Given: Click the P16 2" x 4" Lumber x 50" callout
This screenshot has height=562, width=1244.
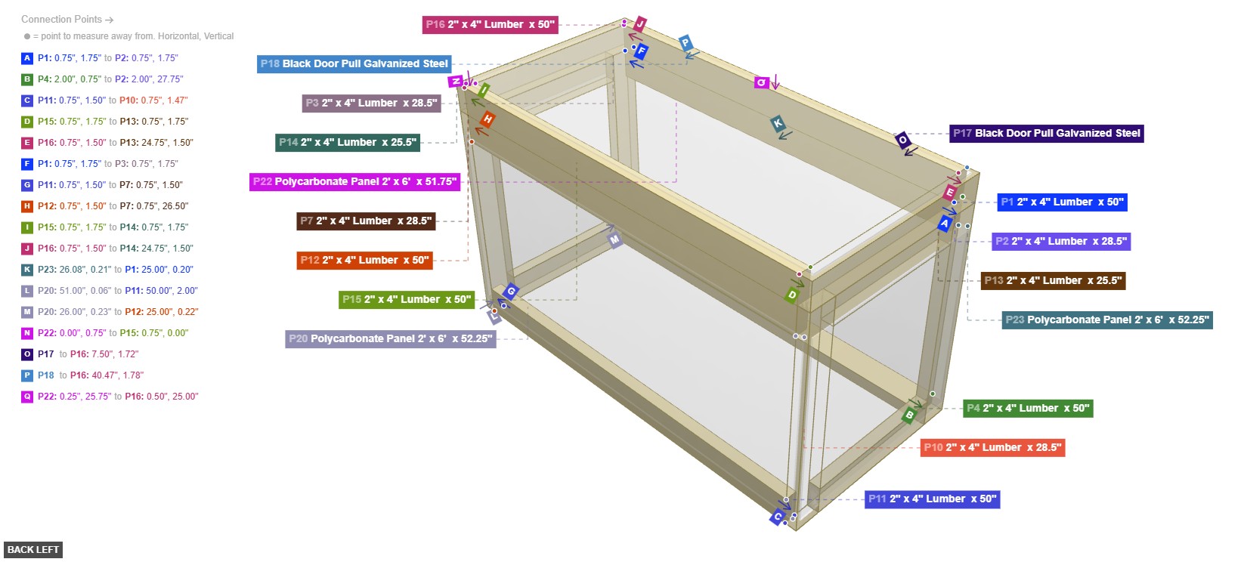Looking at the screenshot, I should [x=490, y=25].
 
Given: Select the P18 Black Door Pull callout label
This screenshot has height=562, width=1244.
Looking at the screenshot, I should [x=354, y=64].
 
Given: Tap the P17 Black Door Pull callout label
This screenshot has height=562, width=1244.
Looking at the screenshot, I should [x=1046, y=134].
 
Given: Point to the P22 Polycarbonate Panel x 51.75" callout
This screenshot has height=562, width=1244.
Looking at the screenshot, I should [x=354, y=182].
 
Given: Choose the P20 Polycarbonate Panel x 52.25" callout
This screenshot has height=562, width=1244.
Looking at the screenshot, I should [x=391, y=339].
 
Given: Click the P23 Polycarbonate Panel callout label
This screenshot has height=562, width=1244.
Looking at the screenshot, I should [x=1107, y=320].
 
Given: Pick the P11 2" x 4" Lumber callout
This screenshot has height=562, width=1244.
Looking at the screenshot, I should [x=932, y=499].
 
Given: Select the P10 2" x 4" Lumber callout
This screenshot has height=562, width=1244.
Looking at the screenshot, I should [x=992, y=448].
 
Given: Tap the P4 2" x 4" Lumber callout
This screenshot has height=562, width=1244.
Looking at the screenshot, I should [x=1028, y=409].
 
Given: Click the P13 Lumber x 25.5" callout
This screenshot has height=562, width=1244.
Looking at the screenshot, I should [x=1053, y=281].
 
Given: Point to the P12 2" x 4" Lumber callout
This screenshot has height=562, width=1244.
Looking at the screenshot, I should [x=364, y=261].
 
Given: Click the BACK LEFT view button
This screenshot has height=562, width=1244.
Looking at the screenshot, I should [x=33, y=550].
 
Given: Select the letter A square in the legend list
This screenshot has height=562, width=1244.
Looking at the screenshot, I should [x=27, y=58].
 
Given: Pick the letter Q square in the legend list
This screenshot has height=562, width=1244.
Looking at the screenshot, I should [x=27, y=397].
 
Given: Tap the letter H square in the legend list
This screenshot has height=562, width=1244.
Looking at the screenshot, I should [x=27, y=206].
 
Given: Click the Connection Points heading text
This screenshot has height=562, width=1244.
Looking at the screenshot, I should [x=62, y=20].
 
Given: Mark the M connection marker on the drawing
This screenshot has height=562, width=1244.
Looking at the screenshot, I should [x=615, y=240].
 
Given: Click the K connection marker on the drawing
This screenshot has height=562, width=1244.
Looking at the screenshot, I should [x=777, y=124].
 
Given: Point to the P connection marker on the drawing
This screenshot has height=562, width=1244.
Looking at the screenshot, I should [x=685, y=42].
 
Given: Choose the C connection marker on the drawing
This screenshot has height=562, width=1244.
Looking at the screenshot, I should [x=777, y=517].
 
